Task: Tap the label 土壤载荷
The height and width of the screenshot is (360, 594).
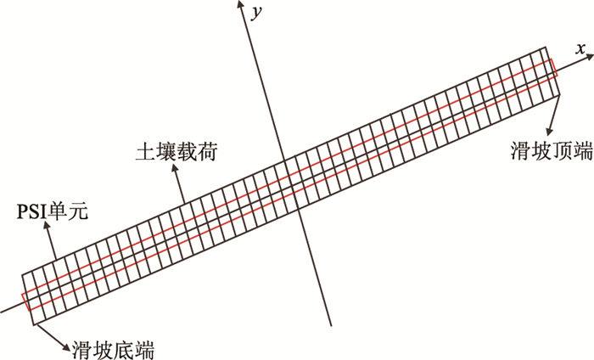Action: click(167, 153)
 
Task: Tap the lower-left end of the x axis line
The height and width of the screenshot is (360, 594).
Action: click(3, 308)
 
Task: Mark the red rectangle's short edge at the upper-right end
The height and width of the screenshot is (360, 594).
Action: click(553, 68)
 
